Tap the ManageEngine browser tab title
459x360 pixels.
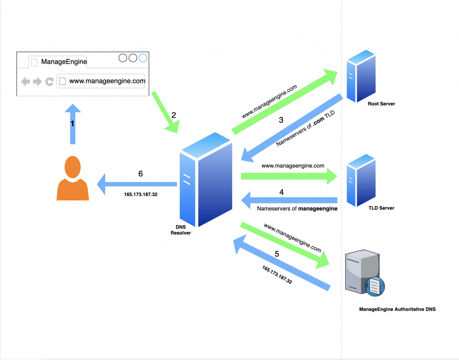(x=64, y=62)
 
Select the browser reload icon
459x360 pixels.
(x=49, y=81)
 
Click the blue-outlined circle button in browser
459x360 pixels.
(x=143, y=58)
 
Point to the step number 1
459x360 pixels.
(x=72, y=123)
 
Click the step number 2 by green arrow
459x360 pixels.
(x=173, y=115)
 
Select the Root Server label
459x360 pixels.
(x=381, y=104)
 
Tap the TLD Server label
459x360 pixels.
(x=381, y=208)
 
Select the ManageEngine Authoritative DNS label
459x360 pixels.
(x=397, y=309)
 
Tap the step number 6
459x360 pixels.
(x=140, y=174)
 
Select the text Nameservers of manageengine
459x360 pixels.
(x=297, y=208)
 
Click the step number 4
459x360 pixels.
(x=281, y=192)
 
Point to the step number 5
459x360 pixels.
(x=277, y=254)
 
